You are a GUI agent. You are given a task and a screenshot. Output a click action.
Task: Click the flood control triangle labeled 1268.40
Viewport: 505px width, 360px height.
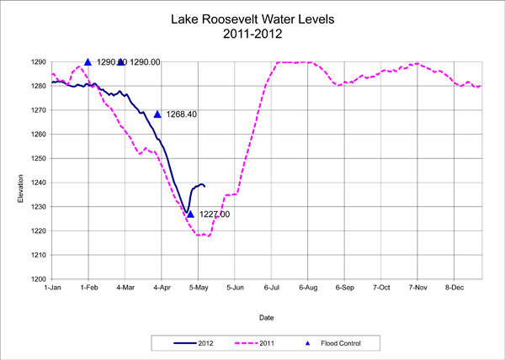click(157, 114)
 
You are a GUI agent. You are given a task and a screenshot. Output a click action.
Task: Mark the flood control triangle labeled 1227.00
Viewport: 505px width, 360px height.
click(190, 214)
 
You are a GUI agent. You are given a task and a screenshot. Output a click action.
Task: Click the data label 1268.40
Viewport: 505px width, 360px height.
click(182, 114)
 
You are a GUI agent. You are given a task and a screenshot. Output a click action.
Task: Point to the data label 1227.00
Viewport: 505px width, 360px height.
click(214, 214)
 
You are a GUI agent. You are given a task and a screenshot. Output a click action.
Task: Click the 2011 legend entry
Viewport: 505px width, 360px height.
click(269, 342)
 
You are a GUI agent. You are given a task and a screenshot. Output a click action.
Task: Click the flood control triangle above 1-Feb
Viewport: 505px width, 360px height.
click(88, 61)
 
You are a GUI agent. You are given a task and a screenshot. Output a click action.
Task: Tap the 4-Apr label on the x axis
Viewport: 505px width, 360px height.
click(161, 288)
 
